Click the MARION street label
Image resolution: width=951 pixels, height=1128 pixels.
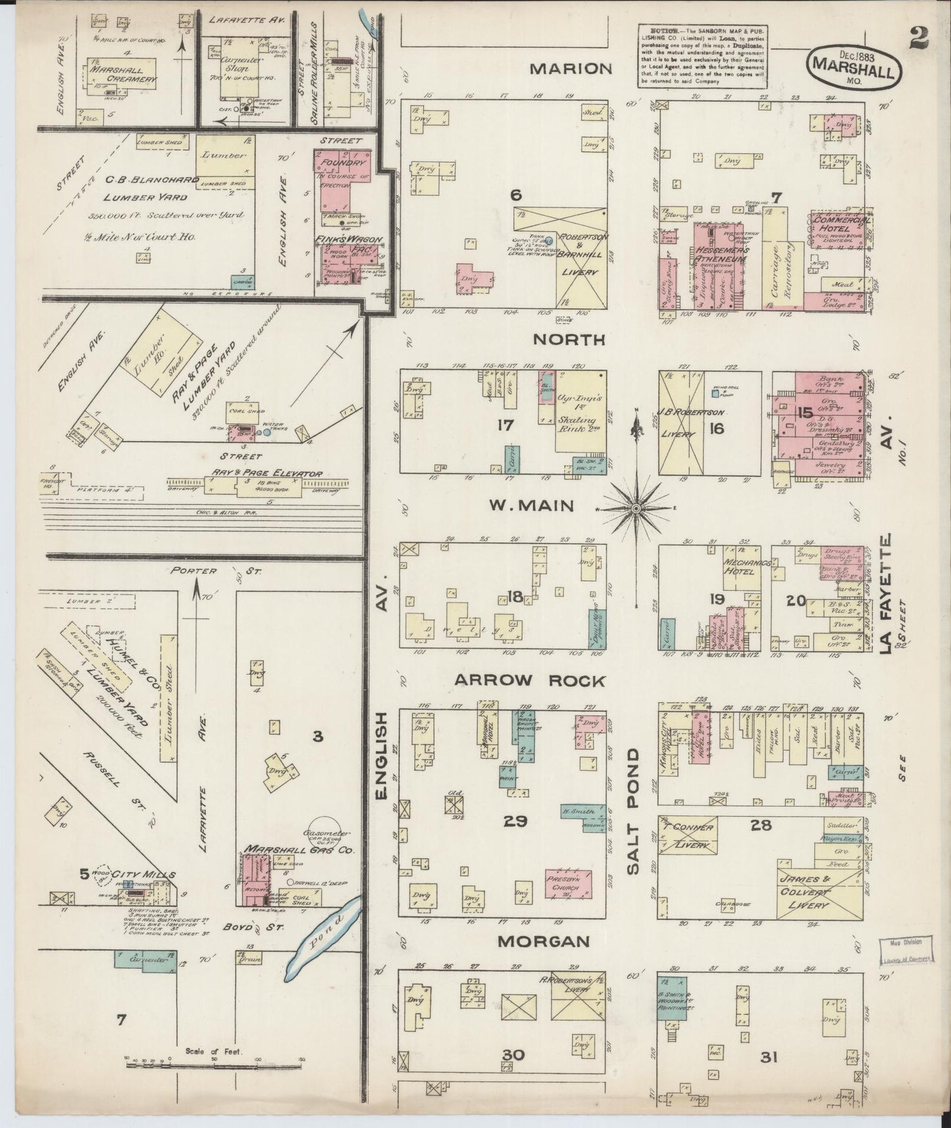pos(572,68)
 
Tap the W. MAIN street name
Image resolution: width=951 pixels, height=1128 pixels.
pos(531,505)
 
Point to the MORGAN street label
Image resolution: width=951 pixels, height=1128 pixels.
pos(543,942)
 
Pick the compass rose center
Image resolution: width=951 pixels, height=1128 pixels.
pos(636,509)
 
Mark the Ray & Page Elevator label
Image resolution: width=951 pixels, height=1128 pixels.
pos(267,473)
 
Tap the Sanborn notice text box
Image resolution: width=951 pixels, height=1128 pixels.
pos(702,56)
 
